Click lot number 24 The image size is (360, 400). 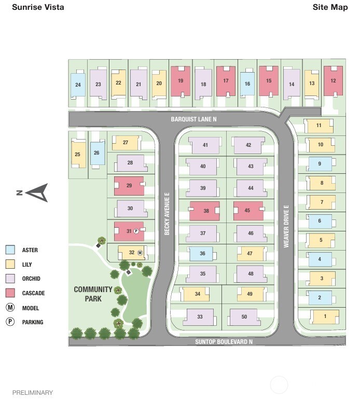(78, 85)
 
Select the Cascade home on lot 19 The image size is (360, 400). (181, 81)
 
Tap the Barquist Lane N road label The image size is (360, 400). (193, 119)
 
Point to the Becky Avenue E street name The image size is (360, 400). (167, 214)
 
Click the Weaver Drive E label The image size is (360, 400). (286, 226)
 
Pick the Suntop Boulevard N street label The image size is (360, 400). (224, 341)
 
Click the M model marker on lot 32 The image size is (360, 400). (140, 253)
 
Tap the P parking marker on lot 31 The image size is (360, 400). (136, 231)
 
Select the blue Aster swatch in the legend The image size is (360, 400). (10, 250)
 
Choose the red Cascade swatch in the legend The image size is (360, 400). (10, 293)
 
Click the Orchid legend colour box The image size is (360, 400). (10, 279)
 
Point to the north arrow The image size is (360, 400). (36, 192)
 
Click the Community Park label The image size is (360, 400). (93, 294)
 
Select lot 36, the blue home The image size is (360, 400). (202, 254)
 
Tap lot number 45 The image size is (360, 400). (247, 211)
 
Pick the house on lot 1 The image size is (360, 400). (325, 317)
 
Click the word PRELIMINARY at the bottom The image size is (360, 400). (33, 392)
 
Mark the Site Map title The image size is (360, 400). (330, 7)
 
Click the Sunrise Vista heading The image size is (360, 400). (38, 7)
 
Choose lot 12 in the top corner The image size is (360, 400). (333, 81)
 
